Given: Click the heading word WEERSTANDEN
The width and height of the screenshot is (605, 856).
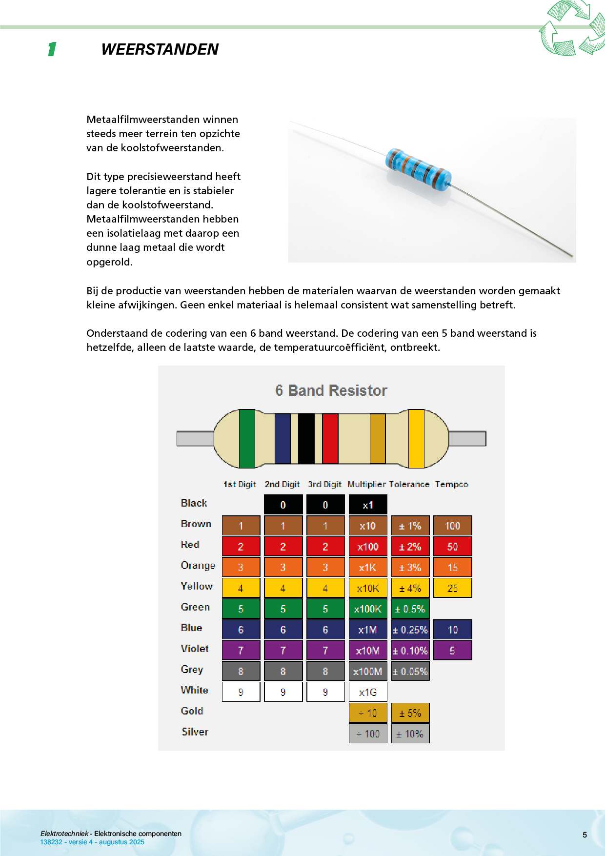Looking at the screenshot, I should tap(160, 49).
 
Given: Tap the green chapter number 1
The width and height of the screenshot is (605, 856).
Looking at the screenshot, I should tap(52, 49).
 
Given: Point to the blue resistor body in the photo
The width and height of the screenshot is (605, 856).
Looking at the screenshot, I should tap(418, 169).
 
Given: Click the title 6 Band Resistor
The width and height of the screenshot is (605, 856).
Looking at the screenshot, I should tap(331, 390).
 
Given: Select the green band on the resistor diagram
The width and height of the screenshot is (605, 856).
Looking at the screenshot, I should tap(247, 438).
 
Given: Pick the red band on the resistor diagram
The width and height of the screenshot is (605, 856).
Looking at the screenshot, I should tap(330, 438).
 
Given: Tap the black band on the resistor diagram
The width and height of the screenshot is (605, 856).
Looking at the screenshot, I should tap(306, 438).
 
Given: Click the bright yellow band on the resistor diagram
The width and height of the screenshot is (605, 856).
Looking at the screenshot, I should tap(416, 438).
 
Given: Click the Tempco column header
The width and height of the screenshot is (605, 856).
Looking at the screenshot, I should tap(451, 484).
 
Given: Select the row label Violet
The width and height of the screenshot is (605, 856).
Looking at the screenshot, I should tap(195, 649).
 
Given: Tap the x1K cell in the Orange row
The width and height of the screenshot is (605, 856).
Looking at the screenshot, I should tap(368, 568).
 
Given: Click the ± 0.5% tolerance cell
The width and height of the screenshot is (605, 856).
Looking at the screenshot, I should tap(410, 609).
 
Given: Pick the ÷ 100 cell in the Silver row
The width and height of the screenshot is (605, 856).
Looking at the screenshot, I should tap(368, 734).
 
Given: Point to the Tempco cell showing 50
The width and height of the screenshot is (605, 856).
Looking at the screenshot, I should tap(452, 547).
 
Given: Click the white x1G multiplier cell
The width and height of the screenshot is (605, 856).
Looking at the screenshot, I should tap(368, 692).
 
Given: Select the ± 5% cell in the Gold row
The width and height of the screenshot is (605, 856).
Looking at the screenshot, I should tap(410, 713).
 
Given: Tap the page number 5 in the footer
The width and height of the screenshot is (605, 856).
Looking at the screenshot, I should tap(585, 835).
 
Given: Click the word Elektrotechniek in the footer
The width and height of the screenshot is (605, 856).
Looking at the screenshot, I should tap(64, 834).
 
